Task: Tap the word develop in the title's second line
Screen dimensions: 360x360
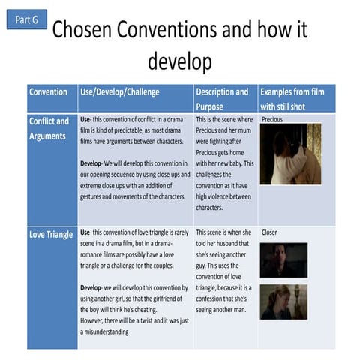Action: click(180, 60)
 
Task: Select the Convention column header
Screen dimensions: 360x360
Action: click(48, 92)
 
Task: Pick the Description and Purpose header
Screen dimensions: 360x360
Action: click(222, 98)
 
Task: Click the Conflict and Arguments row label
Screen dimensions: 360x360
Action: click(49, 128)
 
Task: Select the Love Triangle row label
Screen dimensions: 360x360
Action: click(51, 235)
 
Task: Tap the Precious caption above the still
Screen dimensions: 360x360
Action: click(273, 119)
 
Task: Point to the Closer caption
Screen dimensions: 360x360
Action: click(269, 232)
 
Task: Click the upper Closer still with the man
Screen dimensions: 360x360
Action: click(283, 260)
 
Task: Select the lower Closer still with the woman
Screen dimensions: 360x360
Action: click(283, 300)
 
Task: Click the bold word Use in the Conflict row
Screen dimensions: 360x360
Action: click(85, 120)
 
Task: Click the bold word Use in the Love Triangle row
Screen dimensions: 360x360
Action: click(85, 233)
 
